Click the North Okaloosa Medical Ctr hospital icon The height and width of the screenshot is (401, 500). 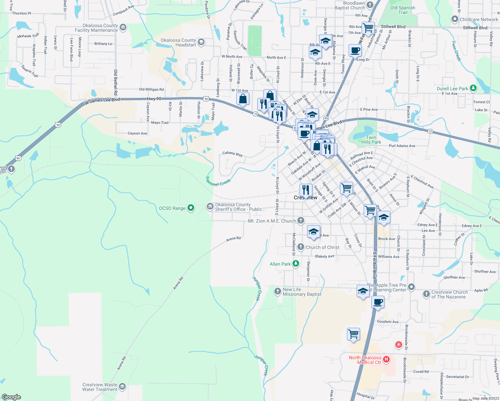point(386,360)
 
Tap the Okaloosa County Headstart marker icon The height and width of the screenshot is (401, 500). point(201,42)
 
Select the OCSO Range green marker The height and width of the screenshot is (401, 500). point(191,208)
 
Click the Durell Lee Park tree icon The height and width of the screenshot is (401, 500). point(473,88)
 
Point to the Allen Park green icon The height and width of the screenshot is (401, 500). point(295,264)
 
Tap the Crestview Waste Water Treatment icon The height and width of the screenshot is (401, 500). point(122,387)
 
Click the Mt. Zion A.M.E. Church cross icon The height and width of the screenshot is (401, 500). point(301,221)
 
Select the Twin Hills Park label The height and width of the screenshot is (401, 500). point(371,140)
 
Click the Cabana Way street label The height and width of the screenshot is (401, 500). point(233,154)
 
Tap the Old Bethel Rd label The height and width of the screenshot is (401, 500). point(116,82)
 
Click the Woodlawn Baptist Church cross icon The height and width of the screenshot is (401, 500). point(370,5)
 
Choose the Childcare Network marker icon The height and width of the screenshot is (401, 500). point(455,19)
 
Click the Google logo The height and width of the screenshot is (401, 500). point(11,397)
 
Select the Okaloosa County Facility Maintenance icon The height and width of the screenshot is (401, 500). point(123,27)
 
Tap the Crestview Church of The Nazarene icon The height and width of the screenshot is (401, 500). point(426,294)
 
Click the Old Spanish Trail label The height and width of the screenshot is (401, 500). point(402,10)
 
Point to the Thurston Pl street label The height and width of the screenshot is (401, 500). point(21,13)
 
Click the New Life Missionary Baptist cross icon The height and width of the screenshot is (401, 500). point(277,291)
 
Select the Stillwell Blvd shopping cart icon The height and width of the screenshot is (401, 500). point(368,28)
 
